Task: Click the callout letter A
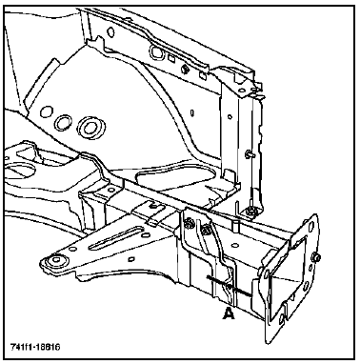click(x=229, y=313)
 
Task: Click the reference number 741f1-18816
click(x=35, y=346)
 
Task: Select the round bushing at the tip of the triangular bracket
click(x=56, y=261)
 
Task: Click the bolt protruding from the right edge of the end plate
click(x=316, y=257)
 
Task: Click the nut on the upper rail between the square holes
click(x=185, y=68)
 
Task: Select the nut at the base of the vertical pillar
click(x=251, y=210)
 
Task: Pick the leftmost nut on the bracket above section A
click(x=190, y=223)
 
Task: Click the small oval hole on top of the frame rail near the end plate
click(x=235, y=245)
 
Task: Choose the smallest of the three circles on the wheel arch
click(x=47, y=112)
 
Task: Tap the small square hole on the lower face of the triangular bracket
click(x=130, y=259)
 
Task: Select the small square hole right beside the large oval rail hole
click(x=171, y=58)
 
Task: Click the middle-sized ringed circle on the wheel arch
click(x=63, y=122)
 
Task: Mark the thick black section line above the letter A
click(x=230, y=286)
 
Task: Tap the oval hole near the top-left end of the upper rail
click(x=110, y=31)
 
